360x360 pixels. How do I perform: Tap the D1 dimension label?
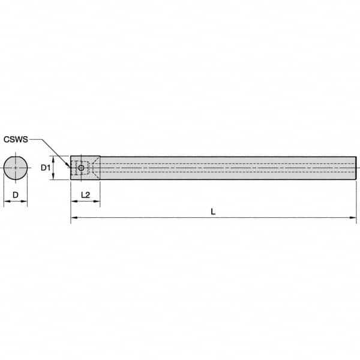pyautogui.click(x=45, y=168)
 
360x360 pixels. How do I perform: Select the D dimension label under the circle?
pyautogui.click(x=16, y=194)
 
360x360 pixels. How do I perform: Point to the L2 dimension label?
pyautogui.click(x=85, y=194)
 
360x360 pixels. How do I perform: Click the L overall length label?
pyautogui.click(x=213, y=211)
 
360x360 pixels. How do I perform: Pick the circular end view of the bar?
pyautogui.click(x=16, y=168)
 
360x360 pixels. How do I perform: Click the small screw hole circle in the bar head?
pyautogui.click(x=81, y=168)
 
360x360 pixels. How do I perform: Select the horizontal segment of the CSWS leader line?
pyautogui.click(x=37, y=139)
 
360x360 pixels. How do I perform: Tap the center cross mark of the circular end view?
pyautogui.click(x=16, y=168)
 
